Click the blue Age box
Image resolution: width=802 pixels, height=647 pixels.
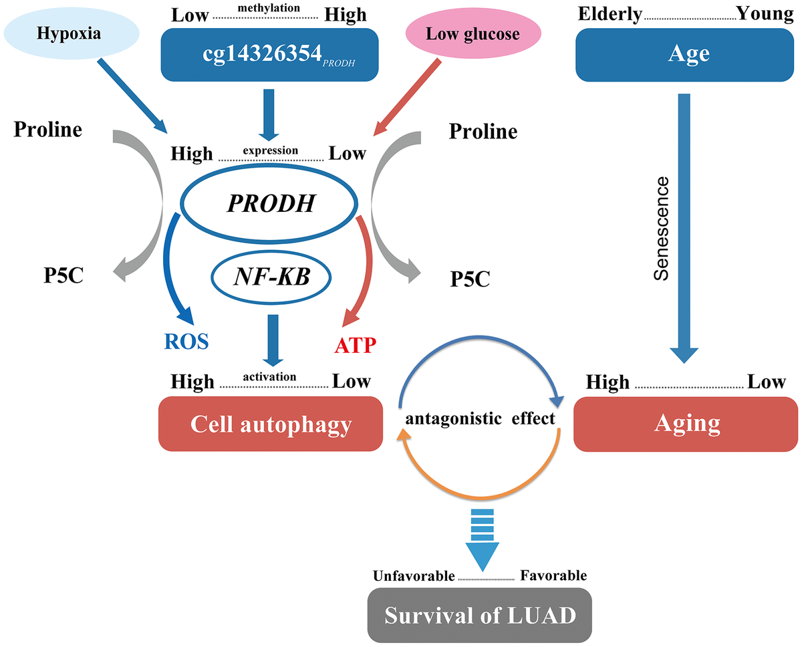pos(688,53)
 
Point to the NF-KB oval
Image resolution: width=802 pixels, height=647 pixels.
pos(271,276)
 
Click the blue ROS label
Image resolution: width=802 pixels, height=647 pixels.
pos(186,342)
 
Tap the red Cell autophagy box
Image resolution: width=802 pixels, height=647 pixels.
pos(270,423)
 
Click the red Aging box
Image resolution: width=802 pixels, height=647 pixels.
pos(686,423)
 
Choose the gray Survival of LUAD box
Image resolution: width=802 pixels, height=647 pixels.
pos(479,614)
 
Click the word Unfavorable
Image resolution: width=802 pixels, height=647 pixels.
pos(413,575)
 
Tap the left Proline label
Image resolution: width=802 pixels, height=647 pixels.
pos(48,129)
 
